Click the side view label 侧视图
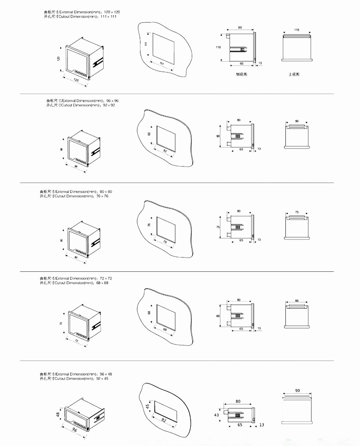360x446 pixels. coord(241,74)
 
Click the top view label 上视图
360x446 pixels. coord(294,74)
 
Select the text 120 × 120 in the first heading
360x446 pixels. coord(112,11)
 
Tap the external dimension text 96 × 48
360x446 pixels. coord(105,374)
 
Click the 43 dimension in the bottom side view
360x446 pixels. coord(217,414)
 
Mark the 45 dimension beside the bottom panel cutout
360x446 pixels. coord(147,407)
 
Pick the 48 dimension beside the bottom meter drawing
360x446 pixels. coord(58,414)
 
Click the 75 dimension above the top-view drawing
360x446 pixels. coord(297,212)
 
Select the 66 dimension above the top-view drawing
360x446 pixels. coord(297,301)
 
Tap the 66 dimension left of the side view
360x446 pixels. coord(218,316)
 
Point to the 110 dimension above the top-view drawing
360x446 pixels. coord(297,29)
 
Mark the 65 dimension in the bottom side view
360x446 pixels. coord(240,425)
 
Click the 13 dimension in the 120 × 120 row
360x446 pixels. coord(260,63)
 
